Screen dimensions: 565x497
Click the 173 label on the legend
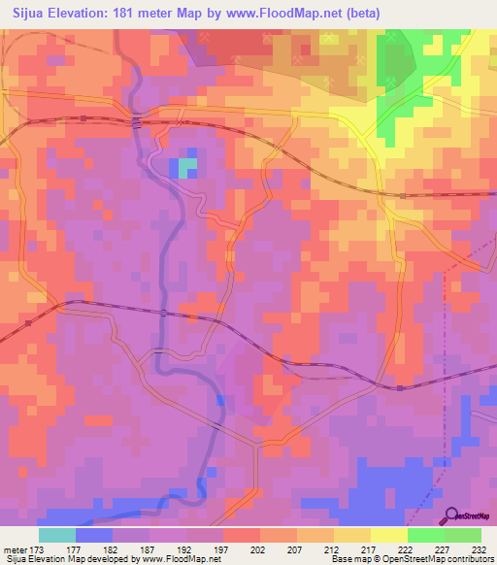(x=40, y=548)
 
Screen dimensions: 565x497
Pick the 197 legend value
(x=223, y=548)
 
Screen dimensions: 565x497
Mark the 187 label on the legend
(x=149, y=548)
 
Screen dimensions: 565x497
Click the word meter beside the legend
(x=15, y=548)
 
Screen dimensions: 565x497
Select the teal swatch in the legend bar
(x=57, y=535)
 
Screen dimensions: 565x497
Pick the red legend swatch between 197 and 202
(x=242, y=535)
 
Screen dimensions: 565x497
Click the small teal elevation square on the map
(x=185, y=168)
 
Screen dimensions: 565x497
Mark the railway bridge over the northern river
(x=137, y=121)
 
